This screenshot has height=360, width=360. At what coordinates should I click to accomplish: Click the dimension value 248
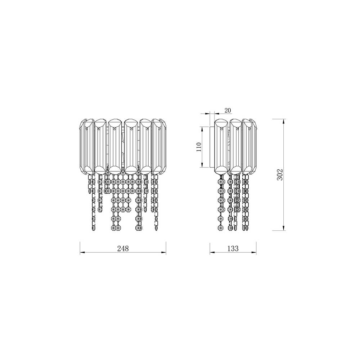(x=123, y=248)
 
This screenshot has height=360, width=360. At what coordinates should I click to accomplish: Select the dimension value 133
(x=233, y=248)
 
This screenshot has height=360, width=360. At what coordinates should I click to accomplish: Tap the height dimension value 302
(x=280, y=175)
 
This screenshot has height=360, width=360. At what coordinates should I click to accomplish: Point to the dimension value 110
(x=199, y=147)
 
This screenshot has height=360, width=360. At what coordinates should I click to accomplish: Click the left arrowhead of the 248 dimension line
(x=82, y=253)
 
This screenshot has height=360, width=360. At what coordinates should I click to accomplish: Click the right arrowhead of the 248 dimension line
(x=164, y=253)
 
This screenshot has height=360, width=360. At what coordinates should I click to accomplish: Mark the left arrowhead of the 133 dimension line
(x=212, y=253)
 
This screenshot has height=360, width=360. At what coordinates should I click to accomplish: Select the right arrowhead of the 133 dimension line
(x=254, y=253)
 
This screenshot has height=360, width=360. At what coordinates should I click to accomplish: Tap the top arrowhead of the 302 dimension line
(x=284, y=121)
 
